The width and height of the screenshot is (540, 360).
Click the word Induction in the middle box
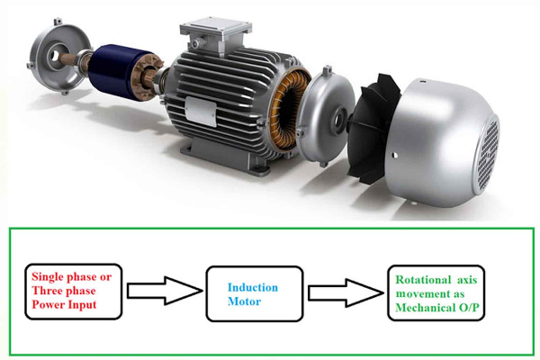(253, 288)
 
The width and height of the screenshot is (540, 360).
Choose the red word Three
(48, 290)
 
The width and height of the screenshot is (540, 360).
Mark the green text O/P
(479, 307)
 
